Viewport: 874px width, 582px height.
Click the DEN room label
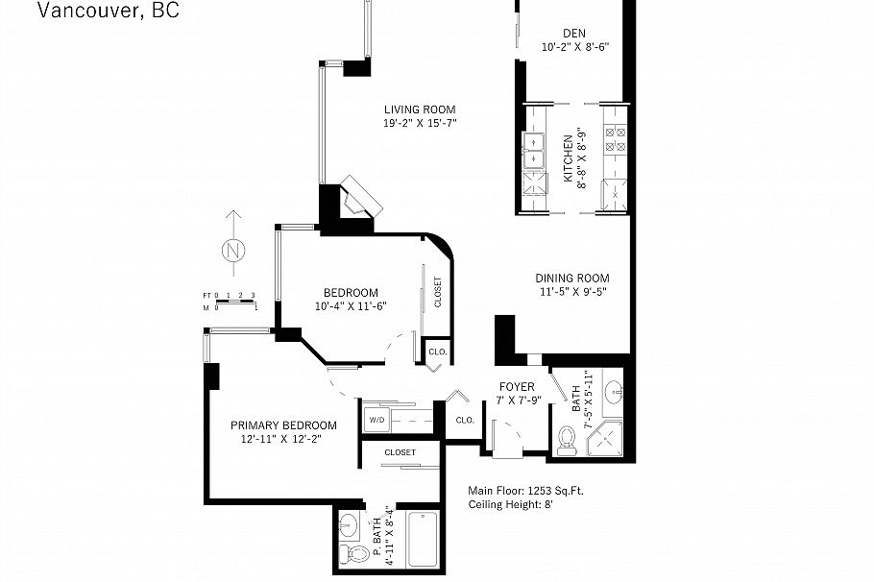point(574,32)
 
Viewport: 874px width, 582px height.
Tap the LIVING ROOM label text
point(420,109)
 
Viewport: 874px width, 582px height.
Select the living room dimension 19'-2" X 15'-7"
point(420,124)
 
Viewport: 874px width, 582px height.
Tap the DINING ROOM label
point(572,279)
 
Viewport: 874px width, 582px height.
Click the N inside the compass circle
point(232,252)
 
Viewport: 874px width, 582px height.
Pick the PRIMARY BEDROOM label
point(283,425)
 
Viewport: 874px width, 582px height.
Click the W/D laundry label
point(375,421)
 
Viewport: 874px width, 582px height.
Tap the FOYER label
point(516,387)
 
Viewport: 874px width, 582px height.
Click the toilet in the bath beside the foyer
point(568,441)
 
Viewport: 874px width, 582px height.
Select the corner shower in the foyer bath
point(607,437)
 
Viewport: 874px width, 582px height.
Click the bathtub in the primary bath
point(423,541)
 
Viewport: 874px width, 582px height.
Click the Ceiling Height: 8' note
point(511,504)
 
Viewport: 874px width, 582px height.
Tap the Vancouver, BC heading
point(108,12)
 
